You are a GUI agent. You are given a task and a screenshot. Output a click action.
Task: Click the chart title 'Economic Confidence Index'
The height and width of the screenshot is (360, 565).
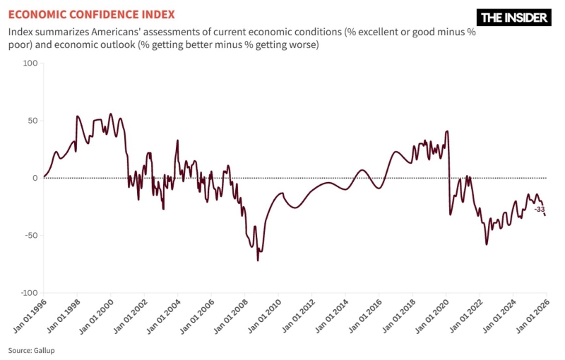[x=92, y=14]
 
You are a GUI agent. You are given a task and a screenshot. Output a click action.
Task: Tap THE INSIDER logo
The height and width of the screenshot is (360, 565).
[x=514, y=18]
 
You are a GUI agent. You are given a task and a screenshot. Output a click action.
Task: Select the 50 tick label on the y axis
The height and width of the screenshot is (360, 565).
[x=31, y=121]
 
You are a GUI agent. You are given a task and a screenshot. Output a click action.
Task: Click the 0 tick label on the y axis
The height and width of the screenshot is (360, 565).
[x=33, y=178]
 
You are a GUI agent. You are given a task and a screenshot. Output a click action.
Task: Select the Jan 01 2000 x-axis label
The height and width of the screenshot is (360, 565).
[x=95, y=315]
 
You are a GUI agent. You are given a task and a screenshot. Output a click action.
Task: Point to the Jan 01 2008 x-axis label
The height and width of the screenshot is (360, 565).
[x=230, y=315]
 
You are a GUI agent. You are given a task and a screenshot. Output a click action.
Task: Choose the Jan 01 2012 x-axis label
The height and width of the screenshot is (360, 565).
[x=297, y=315]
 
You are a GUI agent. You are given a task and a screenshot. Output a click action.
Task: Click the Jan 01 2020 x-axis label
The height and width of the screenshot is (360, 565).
[x=431, y=315]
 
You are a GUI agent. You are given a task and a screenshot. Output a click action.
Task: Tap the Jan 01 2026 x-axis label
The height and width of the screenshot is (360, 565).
[x=531, y=315]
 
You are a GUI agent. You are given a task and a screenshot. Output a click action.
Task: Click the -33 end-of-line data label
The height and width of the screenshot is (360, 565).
[x=539, y=210]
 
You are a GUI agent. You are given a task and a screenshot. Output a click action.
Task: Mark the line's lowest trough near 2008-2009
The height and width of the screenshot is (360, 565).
[x=258, y=260]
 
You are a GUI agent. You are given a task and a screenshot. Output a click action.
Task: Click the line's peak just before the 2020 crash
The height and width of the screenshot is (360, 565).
[x=448, y=131]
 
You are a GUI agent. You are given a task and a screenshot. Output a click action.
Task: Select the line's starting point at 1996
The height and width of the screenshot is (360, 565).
[x=44, y=176]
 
